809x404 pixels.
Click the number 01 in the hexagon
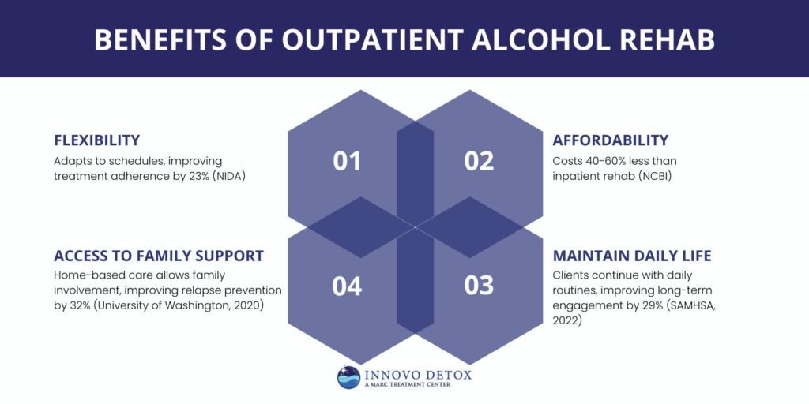(347, 161)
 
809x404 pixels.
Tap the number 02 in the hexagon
(479, 161)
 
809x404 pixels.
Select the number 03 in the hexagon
(479, 285)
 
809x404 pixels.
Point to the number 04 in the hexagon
(347, 285)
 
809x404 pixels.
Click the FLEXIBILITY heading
(96, 140)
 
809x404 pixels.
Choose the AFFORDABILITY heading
(611, 140)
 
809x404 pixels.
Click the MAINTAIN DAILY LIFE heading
(632, 256)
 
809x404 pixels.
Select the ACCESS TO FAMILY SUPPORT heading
(158, 256)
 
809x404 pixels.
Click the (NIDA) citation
(229, 176)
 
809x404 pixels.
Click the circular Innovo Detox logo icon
(348, 377)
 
